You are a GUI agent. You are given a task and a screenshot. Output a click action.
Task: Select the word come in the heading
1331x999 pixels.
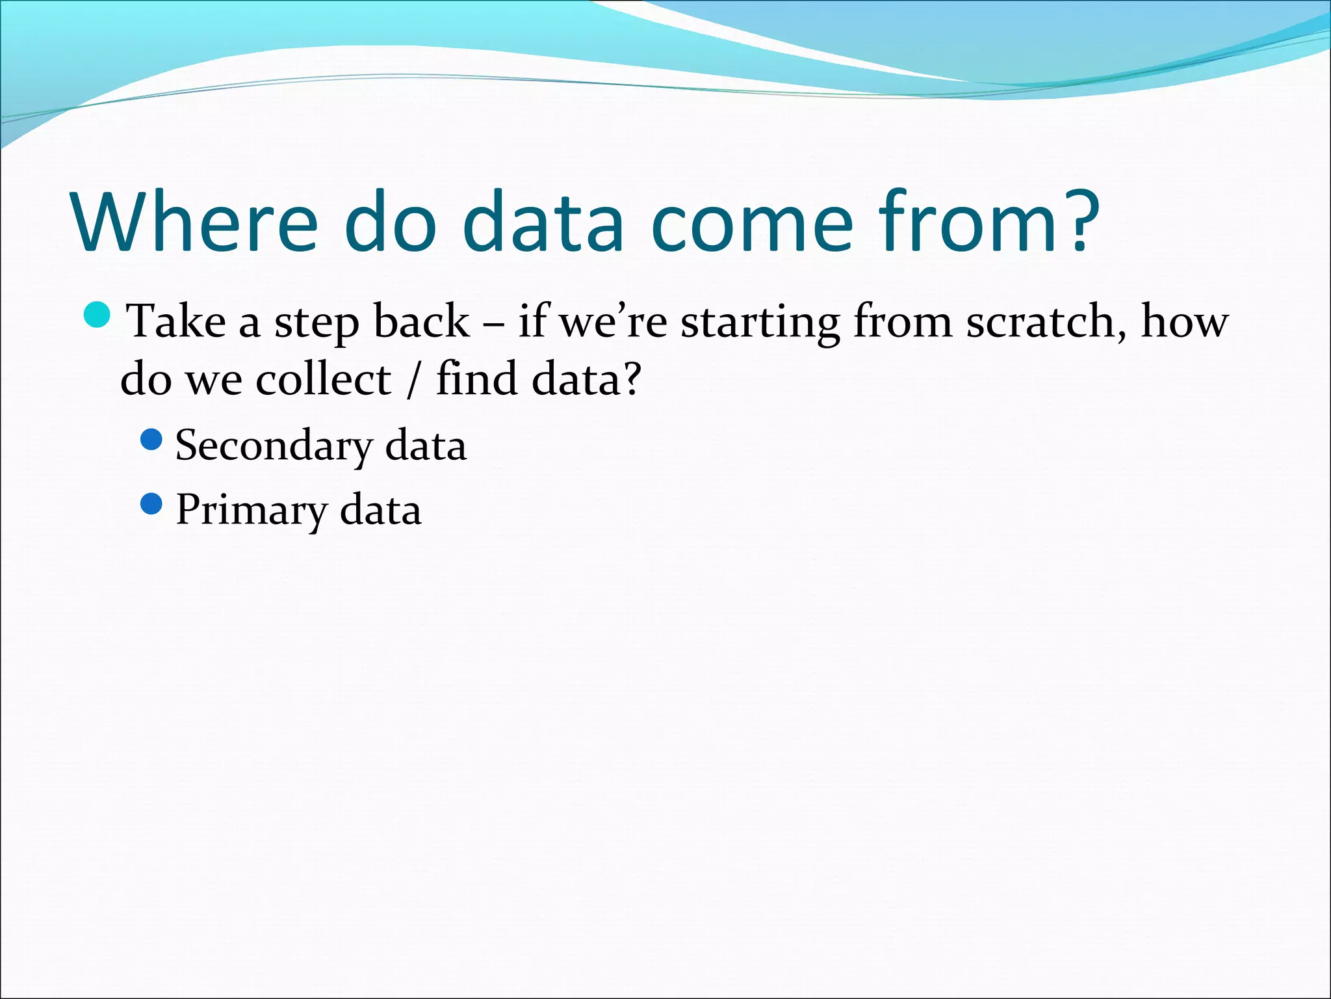tap(751, 222)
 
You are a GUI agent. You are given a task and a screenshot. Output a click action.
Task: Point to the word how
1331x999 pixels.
tap(1184, 322)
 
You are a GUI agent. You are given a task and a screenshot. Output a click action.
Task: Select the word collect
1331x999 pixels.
tap(323, 379)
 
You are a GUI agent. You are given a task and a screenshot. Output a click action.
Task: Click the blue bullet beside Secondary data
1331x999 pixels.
tap(151, 440)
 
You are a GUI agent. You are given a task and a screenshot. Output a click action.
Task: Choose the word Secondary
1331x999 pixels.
tap(274, 447)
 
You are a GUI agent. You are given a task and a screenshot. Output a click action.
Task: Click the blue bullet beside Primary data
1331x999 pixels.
tap(151, 504)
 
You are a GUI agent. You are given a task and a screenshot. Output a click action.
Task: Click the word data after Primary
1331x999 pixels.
tap(380, 511)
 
